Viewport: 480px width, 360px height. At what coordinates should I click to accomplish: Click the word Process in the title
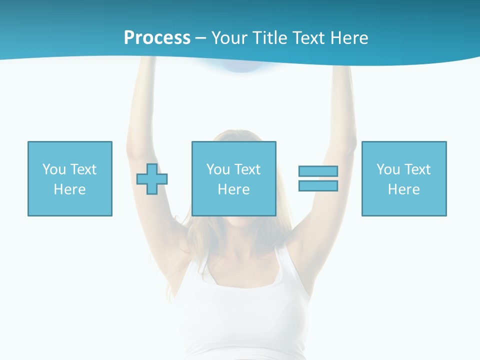(157, 38)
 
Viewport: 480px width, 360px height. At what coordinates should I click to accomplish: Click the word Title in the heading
(269, 38)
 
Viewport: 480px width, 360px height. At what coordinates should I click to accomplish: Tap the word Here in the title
(348, 38)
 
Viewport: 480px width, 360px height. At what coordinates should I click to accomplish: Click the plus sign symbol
(152, 178)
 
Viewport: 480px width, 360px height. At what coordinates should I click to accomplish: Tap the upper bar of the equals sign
(318, 171)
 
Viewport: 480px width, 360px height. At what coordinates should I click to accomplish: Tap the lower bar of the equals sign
(318, 185)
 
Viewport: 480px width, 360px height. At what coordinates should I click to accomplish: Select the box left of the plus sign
(70, 178)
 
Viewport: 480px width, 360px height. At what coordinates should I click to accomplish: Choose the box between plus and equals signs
(233, 178)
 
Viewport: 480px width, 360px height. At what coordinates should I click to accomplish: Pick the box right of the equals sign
(404, 178)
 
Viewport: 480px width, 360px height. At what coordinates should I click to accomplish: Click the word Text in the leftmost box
(83, 169)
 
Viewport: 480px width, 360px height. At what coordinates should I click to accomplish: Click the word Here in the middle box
(233, 189)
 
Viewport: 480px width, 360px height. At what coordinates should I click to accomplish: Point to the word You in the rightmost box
(388, 169)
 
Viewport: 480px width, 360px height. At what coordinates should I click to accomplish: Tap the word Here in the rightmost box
(404, 189)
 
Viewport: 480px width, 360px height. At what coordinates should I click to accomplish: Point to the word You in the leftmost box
(54, 169)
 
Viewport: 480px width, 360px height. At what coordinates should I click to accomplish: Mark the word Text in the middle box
(247, 169)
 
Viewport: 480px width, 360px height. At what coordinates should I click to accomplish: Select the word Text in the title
(307, 38)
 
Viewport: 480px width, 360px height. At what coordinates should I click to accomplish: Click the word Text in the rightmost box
(417, 169)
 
